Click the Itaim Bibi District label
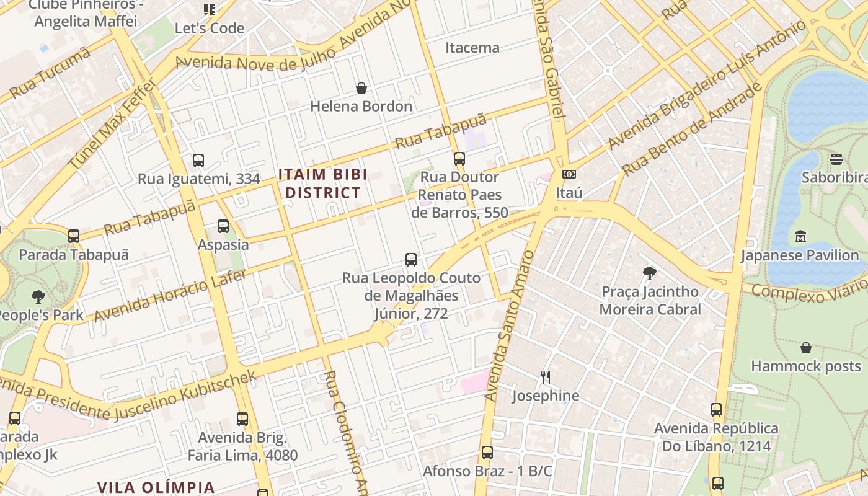coord(322,183)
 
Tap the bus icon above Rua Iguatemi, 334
coord(198,161)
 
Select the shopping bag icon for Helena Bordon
coord(361,89)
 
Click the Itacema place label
coord(472,47)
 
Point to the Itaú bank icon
coord(569,175)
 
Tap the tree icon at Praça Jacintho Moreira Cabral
coord(650,273)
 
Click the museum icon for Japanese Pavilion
coord(800,237)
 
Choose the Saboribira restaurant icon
coord(836,159)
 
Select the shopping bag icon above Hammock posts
coord(806,348)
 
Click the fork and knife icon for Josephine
coord(546,377)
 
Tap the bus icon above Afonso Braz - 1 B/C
coord(487,453)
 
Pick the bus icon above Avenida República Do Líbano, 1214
coord(716,410)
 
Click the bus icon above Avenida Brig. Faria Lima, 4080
coord(242,419)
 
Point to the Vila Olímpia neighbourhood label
coord(156,487)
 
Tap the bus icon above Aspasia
coord(223,226)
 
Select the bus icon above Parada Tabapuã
coord(74,236)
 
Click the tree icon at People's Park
coord(38,296)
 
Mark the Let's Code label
coord(210,28)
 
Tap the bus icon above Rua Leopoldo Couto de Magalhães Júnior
coord(411,260)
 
